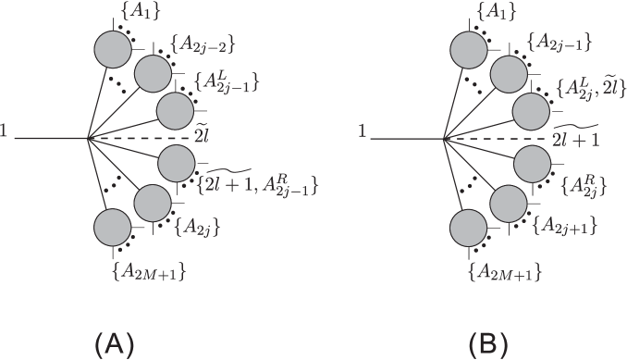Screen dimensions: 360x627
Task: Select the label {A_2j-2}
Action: point(196,43)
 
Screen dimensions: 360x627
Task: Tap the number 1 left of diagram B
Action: point(363,135)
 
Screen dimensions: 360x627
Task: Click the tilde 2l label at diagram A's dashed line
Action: point(203,135)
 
